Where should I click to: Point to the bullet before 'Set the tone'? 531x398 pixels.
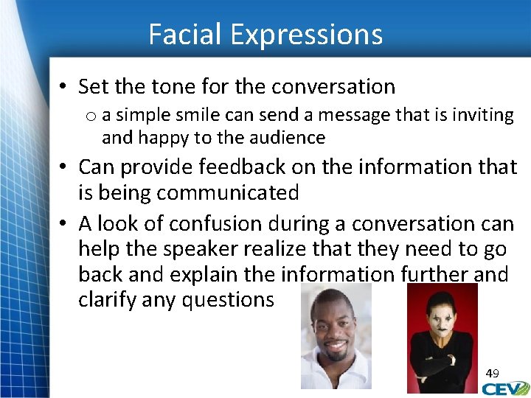click(x=64, y=88)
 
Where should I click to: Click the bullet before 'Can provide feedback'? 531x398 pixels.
click(x=64, y=168)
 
